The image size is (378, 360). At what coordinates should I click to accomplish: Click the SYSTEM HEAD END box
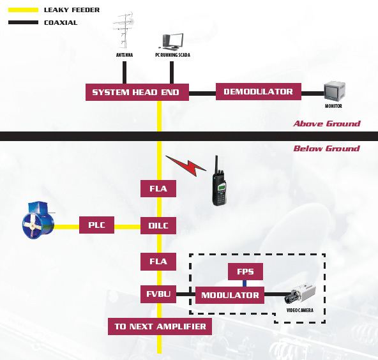137,92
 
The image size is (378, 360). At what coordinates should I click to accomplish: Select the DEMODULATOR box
259,91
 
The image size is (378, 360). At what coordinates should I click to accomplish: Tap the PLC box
96,225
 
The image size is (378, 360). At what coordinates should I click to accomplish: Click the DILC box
158,225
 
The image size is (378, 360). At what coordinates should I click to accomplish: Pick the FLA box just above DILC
158,188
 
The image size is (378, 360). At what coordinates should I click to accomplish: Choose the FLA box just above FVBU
158,262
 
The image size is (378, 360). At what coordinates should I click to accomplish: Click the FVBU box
158,294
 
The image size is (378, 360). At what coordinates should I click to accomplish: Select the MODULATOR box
230,295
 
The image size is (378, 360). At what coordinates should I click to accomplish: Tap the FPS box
245,271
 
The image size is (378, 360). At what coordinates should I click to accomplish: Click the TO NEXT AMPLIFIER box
160,327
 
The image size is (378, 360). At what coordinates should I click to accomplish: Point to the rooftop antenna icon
123,30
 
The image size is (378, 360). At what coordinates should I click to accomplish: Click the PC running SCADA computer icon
172,41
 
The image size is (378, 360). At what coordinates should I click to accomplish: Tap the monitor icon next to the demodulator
335,91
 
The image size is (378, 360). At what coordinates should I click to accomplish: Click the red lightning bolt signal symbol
186,165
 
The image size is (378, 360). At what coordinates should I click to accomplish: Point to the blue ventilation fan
38,220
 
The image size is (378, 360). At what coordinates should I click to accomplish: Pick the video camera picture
299,294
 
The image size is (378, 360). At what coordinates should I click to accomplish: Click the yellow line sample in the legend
23,10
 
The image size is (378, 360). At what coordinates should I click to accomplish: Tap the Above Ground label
327,124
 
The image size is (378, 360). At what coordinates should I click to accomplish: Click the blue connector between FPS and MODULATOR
245,283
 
